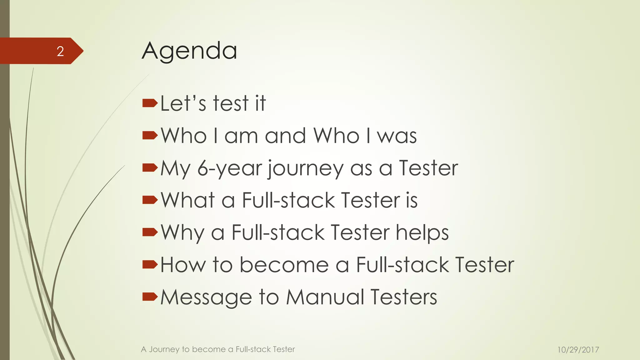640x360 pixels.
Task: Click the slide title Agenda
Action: pyautogui.click(x=189, y=51)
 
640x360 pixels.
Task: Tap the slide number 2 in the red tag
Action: pyautogui.click(x=60, y=51)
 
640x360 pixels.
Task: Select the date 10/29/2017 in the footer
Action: pyautogui.click(x=578, y=350)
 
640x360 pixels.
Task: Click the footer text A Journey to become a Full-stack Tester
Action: pyautogui.click(x=218, y=349)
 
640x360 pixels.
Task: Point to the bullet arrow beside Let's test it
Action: pyautogui.click(x=150, y=103)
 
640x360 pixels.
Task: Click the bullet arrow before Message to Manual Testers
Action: pyautogui.click(x=150, y=296)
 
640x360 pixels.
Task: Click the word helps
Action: pyautogui.click(x=422, y=233)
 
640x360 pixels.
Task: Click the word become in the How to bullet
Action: pyautogui.click(x=284, y=265)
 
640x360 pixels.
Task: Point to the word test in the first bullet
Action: pyautogui.click(x=231, y=103)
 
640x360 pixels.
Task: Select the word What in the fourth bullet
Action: pyautogui.click(x=188, y=200)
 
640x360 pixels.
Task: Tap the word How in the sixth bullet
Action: pyautogui.click(x=183, y=265)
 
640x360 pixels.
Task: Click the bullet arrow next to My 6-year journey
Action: pyautogui.click(x=150, y=168)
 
